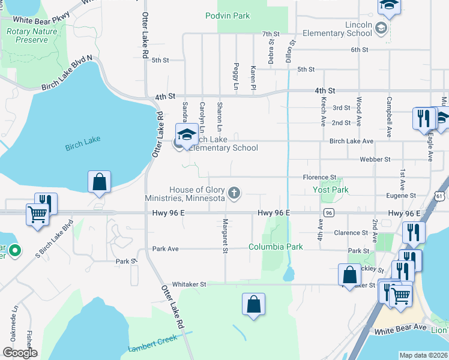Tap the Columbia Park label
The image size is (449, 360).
(x=276, y=247)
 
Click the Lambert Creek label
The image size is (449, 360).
(x=149, y=346)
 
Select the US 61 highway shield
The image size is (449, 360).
(x=441, y=196)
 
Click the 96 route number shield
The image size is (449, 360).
(x=328, y=213)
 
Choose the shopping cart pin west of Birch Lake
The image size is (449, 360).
(x=37, y=214)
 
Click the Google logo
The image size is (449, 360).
(x=19, y=353)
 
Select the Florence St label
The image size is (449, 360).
(x=319, y=178)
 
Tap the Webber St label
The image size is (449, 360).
(x=375, y=160)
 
